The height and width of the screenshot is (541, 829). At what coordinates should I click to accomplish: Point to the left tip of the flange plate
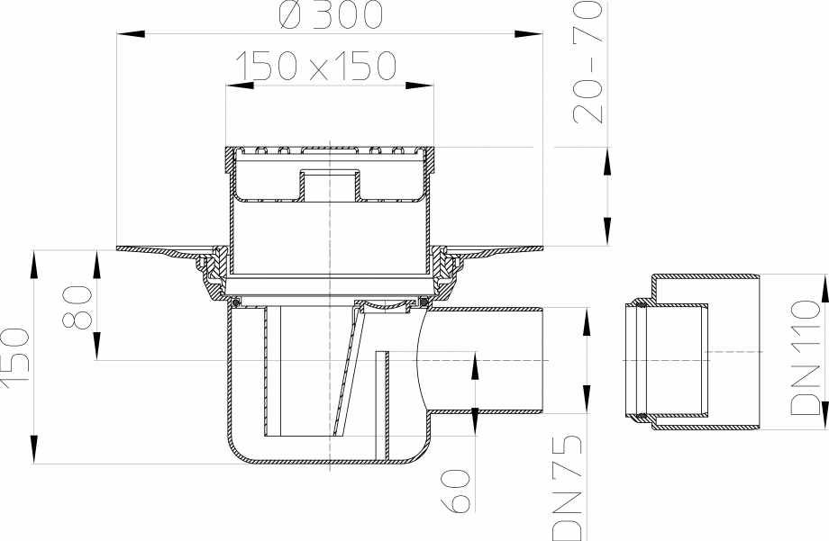(119, 248)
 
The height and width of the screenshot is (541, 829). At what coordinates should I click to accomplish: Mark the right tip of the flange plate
(541, 248)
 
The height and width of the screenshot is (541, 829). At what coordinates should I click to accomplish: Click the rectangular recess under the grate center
(330, 184)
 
